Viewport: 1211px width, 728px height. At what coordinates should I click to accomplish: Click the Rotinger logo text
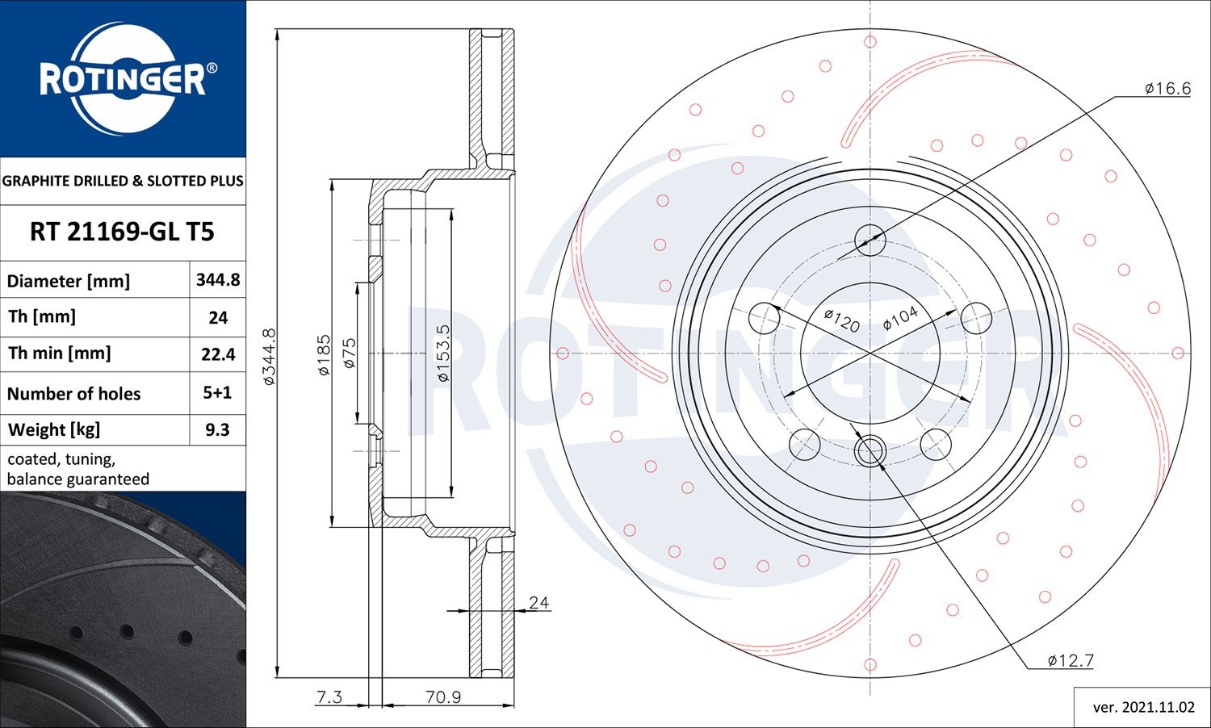(123, 79)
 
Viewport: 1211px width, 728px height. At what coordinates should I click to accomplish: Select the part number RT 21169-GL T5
(122, 232)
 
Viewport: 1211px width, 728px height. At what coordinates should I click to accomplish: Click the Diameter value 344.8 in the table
(218, 280)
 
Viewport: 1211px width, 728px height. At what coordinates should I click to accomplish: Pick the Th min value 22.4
(218, 354)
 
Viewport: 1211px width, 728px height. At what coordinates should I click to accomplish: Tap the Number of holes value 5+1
(217, 393)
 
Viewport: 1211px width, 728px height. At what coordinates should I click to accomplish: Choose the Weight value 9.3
(217, 430)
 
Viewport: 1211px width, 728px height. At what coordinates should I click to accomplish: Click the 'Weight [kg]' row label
(54, 430)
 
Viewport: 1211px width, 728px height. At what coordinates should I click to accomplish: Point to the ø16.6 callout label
(1167, 89)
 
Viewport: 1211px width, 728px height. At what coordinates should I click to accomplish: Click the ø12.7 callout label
(1071, 661)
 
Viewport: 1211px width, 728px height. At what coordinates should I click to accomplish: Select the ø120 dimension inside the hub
(841, 320)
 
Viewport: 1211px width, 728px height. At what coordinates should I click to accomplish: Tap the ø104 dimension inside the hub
(900, 318)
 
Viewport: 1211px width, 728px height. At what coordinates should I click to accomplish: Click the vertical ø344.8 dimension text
(270, 356)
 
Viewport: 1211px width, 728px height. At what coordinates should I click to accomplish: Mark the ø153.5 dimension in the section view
(443, 353)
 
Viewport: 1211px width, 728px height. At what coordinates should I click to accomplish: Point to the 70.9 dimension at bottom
(442, 697)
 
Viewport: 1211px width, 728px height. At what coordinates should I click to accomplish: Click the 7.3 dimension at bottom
(329, 697)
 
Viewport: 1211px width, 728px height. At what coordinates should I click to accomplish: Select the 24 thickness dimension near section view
(538, 603)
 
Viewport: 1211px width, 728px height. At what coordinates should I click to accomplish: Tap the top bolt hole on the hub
(869, 240)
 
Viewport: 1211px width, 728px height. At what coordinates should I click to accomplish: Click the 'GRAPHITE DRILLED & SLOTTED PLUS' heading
(123, 181)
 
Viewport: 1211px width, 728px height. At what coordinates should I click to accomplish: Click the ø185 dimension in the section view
(324, 355)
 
